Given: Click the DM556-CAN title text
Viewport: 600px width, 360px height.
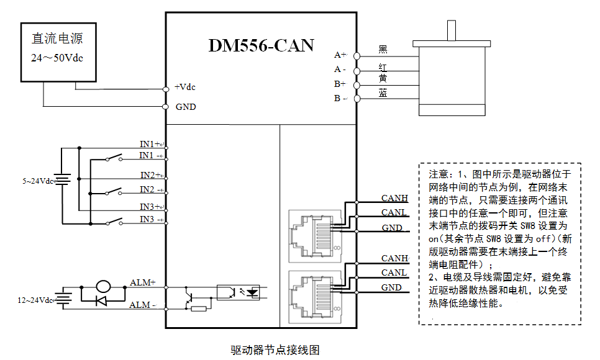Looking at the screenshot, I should pyautogui.click(x=261, y=45).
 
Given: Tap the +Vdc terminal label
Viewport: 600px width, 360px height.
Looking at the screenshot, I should pyautogui.click(x=186, y=87).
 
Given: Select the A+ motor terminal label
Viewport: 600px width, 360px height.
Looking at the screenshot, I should pyautogui.click(x=340, y=55).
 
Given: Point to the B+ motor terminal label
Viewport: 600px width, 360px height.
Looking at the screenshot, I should pyautogui.click(x=340, y=84).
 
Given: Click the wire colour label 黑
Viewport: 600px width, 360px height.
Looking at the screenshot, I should pyautogui.click(x=383, y=49).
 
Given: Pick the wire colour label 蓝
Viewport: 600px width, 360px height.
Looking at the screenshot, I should pyautogui.click(x=383, y=92).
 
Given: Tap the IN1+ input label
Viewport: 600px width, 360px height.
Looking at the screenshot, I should pyautogui.click(x=151, y=144).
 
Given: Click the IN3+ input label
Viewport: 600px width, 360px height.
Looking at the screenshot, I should pyautogui.click(x=151, y=206).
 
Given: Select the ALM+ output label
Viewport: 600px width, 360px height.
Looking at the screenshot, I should pyautogui.click(x=142, y=282).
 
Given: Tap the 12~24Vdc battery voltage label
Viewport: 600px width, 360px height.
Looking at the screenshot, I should pyautogui.click(x=37, y=300).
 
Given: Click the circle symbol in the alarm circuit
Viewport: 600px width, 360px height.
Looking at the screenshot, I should pyautogui.click(x=102, y=287).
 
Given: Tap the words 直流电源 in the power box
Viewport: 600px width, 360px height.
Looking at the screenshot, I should pyautogui.click(x=57, y=38).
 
